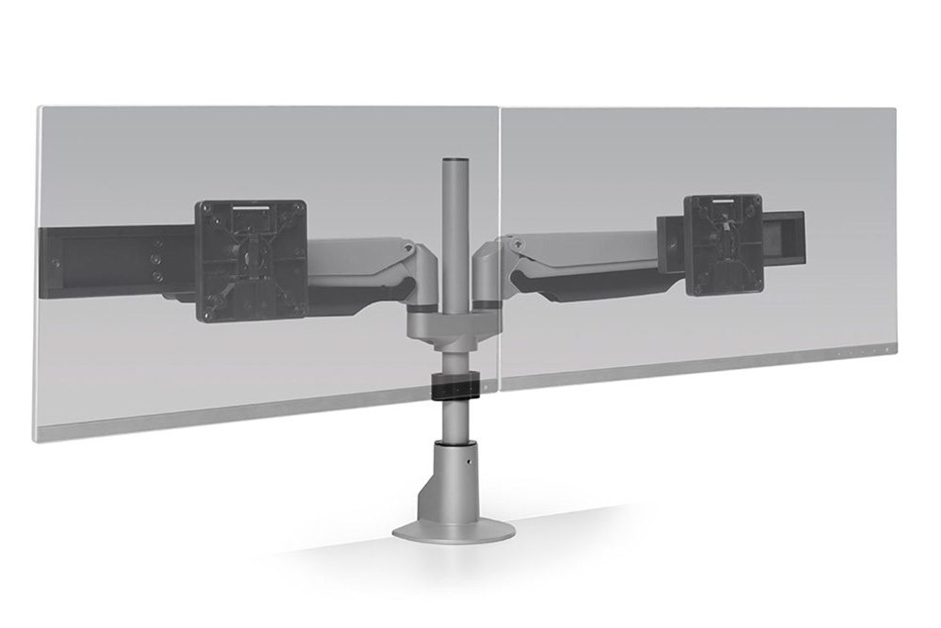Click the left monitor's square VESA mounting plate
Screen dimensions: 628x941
click(251, 260)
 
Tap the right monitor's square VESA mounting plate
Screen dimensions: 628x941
click(723, 244)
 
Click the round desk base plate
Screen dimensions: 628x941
click(454, 529)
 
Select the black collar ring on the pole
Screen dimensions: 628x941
click(455, 385)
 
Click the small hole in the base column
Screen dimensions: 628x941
click(461, 462)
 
